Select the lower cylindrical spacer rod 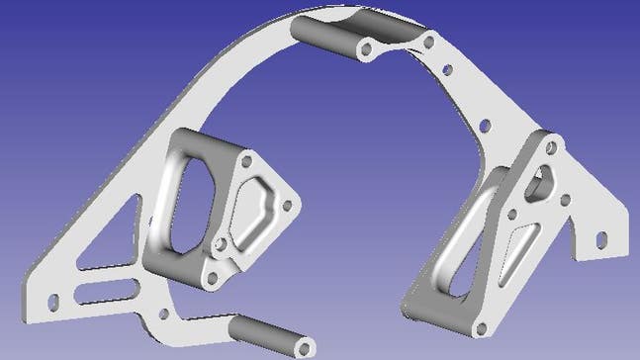click(x=268, y=335)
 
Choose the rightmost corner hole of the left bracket click(x=289, y=206)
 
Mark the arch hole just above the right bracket click(x=485, y=126)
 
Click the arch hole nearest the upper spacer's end click(x=427, y=41)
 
